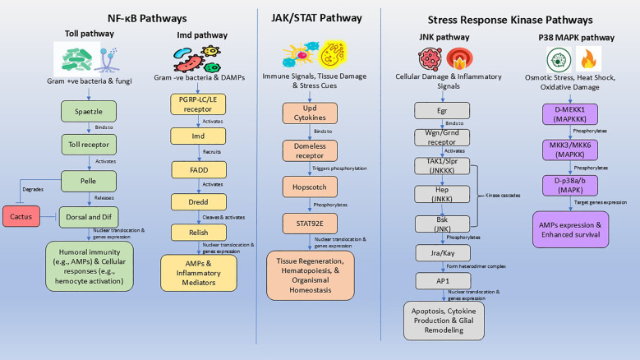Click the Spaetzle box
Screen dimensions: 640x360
point(89,112)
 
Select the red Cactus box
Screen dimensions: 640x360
point(21,216)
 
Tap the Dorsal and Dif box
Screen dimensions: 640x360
point(89,217)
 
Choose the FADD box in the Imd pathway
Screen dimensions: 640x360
point(199,170)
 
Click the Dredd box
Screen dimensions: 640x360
point(198,202)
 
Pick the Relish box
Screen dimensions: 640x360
point(198,233)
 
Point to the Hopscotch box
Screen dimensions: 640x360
point(310,187)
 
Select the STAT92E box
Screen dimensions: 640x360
point(310,224)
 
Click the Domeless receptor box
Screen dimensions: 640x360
point(310,150)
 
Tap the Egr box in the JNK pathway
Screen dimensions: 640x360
point(442,111)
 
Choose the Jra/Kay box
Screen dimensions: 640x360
point(443,253)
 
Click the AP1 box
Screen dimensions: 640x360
point(444,281)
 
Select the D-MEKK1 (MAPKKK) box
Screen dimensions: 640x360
point(570,114)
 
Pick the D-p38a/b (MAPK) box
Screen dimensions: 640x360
point(570,185)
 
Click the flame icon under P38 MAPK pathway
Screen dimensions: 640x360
point(588,59)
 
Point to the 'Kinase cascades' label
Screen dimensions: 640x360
point(503,196)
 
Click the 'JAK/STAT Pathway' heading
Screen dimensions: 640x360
point(317,18)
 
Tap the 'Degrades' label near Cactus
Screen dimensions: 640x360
point(33,189)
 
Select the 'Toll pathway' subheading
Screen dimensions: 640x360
point(90,34)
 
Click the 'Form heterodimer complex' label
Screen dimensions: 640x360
point(477,266)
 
